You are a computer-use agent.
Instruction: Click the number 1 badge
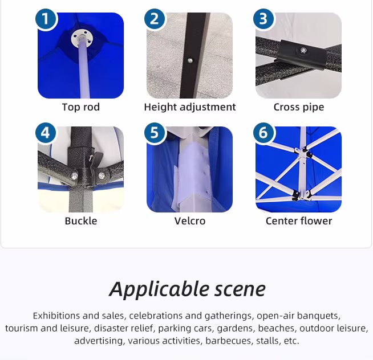click(x=46, y=19)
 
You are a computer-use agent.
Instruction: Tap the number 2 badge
click(x=155, y=19)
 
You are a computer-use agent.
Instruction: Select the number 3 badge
click(x=263, y=19)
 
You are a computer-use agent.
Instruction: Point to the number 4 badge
click(x=46, y=133)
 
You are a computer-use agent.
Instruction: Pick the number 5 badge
click(x=155, y=133)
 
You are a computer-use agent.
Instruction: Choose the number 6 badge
click(x=263, y=133)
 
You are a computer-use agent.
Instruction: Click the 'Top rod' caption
click(x=81, y=107)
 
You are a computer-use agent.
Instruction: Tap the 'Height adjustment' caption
click(x=190, y=107)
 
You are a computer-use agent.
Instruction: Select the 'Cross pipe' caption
click(x=299, y=107)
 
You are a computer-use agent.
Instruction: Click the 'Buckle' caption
click(x=81, y=221)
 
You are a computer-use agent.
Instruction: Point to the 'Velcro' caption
click(x=190, y=221)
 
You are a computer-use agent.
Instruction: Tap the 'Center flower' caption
click(x=299, y=221)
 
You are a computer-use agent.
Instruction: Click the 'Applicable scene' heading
click(x=187, y=289)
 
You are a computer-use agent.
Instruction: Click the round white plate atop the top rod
click(x=82, y=38)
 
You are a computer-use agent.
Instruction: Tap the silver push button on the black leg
click(x=190, y=60)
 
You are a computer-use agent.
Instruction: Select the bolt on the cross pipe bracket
click(x=303, y=50)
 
